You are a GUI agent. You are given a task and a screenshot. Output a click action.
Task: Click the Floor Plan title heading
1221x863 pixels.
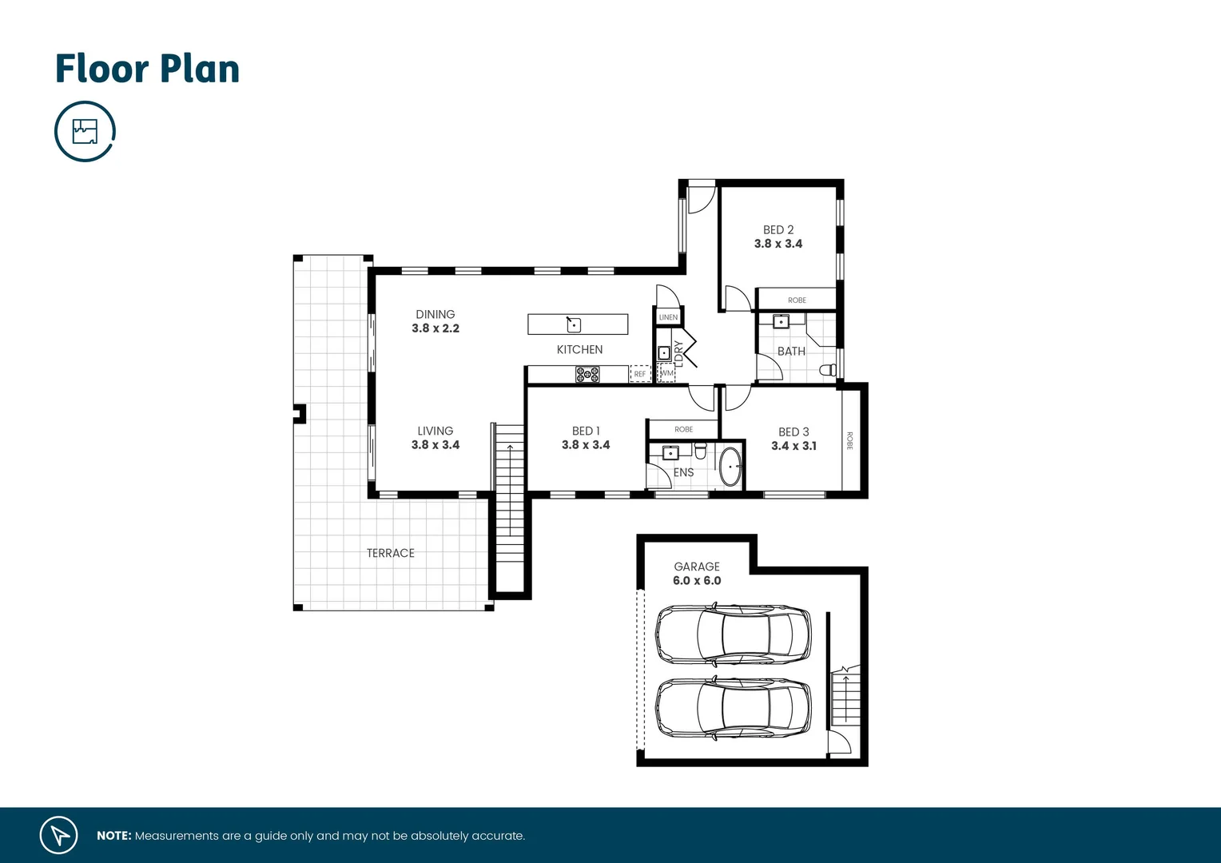(x=147, y=70)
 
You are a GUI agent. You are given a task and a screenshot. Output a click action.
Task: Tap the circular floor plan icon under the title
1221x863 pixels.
(x=85, y=131)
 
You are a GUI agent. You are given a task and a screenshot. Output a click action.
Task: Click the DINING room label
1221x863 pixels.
(x=435, y=314)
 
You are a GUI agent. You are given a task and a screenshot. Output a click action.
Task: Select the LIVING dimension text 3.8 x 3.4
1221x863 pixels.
(x=435, y=445)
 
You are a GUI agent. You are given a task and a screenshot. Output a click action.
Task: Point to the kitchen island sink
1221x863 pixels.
(x=574, y=324)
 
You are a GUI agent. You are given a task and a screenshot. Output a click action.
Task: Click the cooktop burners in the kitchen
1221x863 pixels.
(x=587, y=374)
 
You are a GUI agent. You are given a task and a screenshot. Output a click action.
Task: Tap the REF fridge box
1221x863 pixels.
(x=640, y=374)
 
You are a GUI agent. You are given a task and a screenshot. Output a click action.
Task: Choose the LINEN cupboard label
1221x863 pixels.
(x=668, y=317)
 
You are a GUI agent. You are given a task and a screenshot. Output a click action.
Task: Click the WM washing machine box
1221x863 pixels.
(x=666, y=373)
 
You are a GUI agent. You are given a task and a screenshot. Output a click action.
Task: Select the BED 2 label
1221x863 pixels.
(x=778, y=229)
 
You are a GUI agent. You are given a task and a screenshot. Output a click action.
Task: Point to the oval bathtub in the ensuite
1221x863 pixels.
(x=731, y=467)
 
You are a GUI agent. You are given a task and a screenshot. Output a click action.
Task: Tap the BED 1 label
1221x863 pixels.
(x=586, y=431)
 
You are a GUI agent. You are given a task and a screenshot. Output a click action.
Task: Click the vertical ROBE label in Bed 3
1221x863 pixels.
(x=849, y=440)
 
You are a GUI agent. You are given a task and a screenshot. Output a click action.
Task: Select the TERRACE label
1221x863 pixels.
(x=390, y=553)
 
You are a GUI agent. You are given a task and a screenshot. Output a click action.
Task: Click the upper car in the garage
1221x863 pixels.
(x=733, y=634)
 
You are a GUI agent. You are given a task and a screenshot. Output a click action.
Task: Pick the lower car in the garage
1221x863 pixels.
(x=733, y=708)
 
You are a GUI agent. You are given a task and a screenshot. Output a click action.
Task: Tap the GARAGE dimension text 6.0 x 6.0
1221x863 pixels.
(x=697, y=581)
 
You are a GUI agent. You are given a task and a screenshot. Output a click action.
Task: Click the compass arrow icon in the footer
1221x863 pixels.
(x=59, y=835)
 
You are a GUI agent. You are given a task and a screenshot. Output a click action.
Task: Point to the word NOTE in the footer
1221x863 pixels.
(x=113, y=836)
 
